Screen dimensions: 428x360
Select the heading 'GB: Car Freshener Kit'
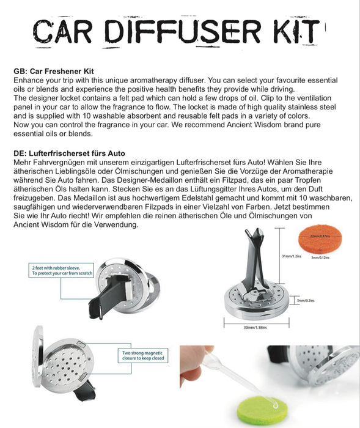(x=53, y=72)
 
